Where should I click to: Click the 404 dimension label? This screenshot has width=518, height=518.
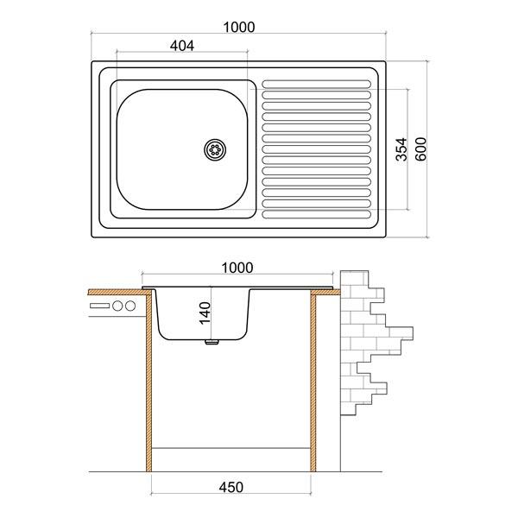pyautogui.click(x=182, y=46)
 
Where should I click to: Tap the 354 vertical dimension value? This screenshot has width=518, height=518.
pyautogui.click(x=402, y=149)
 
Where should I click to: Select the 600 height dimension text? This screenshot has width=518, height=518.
pyautogui.click(x=421, y=149)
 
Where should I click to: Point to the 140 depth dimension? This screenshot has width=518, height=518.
pyautogui.click(x=205, y=313)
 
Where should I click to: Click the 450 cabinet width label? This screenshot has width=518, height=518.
pyautogui.click(x=231, y=487)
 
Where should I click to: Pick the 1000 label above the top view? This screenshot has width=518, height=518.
pyautogui.click(x=239, y=27)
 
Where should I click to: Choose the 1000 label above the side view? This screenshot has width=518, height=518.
pyautogui.click(x=237, y=268)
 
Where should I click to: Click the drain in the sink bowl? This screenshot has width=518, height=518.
pyautogui.click(x=215, y=150)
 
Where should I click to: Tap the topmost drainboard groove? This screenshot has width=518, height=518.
pyautogui.click(x=317, y=84)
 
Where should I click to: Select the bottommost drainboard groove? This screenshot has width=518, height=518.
pyautogui.click(x=317, y=214)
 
